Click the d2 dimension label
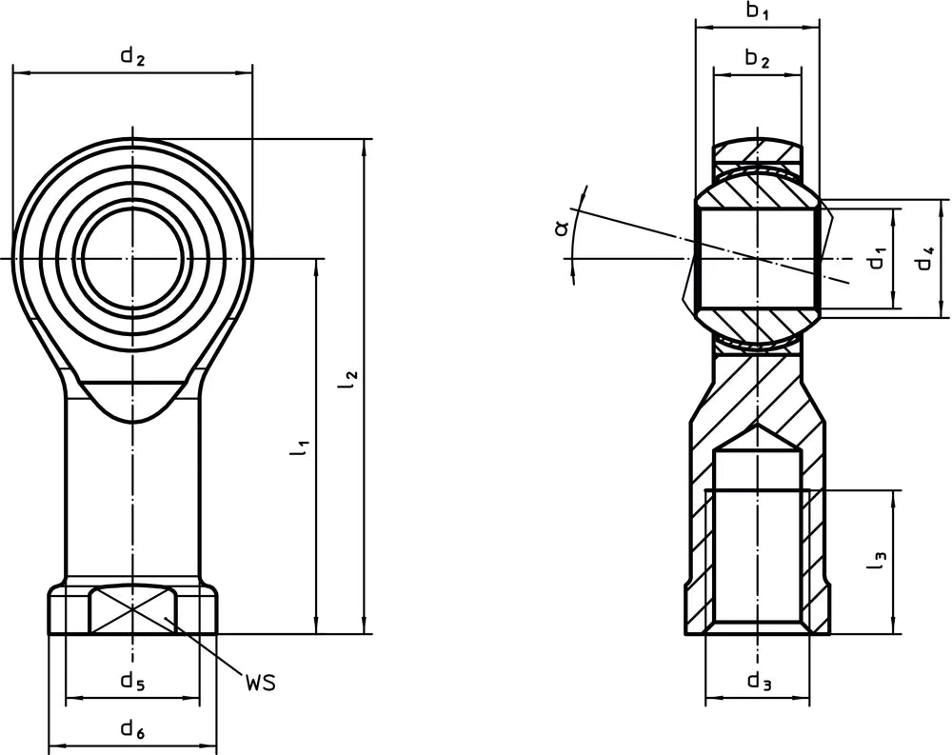click(x=132, y=56)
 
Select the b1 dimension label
click(x=757, y=11)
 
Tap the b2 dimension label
click(x=757, y=59)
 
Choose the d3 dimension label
click(x=758, y=682)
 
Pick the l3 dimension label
click(x=877, y=562)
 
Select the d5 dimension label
click(x=132, y=681)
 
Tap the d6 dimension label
click(x=132, y=731)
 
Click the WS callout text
click(x=260, y=684)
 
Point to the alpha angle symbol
click(x=563, y=227)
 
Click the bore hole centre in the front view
click(x=132, y=257)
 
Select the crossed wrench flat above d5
click(x=132, y=609)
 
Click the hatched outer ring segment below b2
click(x=757, y=150)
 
